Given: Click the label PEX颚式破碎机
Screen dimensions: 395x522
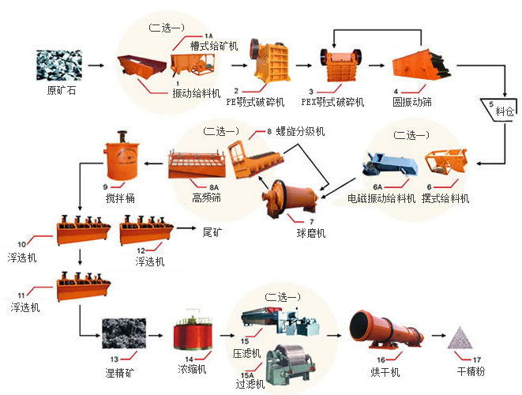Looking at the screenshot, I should coord(332,102).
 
